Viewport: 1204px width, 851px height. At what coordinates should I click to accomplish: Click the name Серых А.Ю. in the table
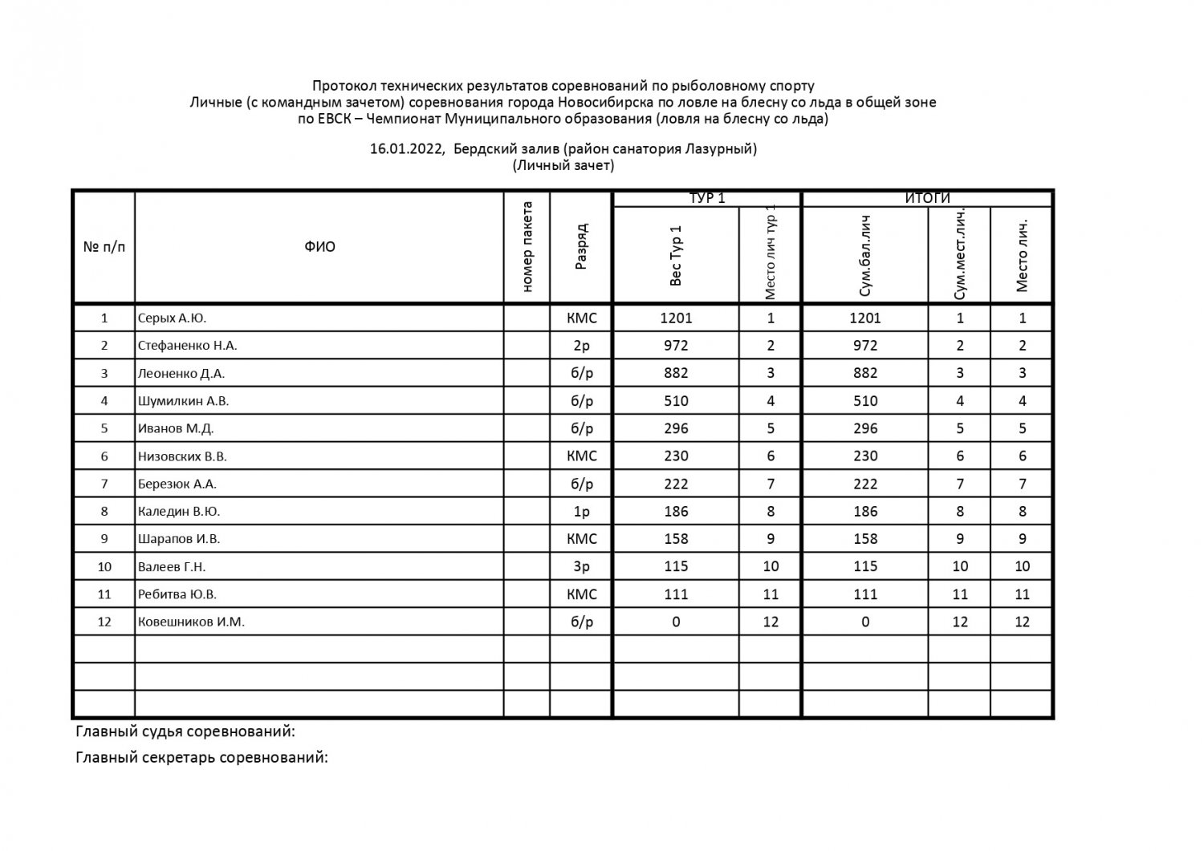(172, 318)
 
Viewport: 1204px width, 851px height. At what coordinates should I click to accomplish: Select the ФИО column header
(319, 247)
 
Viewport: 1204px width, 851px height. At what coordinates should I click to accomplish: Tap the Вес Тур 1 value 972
(676, 346)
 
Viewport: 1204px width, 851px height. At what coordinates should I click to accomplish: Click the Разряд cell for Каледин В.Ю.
(581, 511)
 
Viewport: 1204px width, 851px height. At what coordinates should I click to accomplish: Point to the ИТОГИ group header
(927, 198)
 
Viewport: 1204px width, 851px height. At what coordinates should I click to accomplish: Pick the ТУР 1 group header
(707, 198)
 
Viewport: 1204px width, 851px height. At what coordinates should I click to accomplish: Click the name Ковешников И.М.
(191, 622)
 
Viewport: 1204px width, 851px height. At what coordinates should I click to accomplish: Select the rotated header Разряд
(581, 247)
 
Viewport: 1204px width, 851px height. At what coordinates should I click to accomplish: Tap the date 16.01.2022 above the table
(406, 148)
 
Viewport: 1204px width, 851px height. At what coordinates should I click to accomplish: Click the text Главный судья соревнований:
(185, 731)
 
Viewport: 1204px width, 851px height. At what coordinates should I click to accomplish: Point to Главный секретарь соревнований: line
(201, 757)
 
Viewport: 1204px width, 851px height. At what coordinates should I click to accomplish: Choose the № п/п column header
(104, 247)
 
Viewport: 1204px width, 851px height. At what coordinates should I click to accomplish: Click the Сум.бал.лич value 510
(864, 401)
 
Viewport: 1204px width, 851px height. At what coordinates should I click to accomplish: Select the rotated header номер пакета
(527, 247)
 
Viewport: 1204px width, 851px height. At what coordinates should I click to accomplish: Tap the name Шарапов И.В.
(179, 539)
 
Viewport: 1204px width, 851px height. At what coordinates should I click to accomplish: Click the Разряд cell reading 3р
(581, 566)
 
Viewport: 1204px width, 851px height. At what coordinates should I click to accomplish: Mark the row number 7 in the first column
(104, 484)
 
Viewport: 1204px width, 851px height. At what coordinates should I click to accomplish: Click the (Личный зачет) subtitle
(563, 165)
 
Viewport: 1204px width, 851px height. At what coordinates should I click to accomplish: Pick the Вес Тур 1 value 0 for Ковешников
(676, 622)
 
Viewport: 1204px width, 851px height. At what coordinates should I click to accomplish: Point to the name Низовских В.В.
(182, 456)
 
